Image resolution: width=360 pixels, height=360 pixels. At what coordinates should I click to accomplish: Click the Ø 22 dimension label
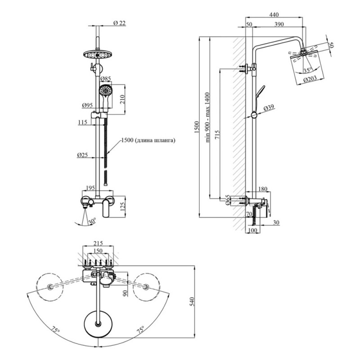(119, 23)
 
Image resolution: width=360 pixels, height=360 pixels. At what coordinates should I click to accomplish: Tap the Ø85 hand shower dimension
(106, 79)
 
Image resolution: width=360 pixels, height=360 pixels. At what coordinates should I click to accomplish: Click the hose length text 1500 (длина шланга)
(148, 140)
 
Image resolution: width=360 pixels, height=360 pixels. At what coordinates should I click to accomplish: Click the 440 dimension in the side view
(273, 15)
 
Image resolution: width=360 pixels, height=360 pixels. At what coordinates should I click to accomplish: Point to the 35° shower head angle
(307, 71)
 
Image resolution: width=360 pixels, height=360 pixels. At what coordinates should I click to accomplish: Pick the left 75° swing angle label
(56, 330)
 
